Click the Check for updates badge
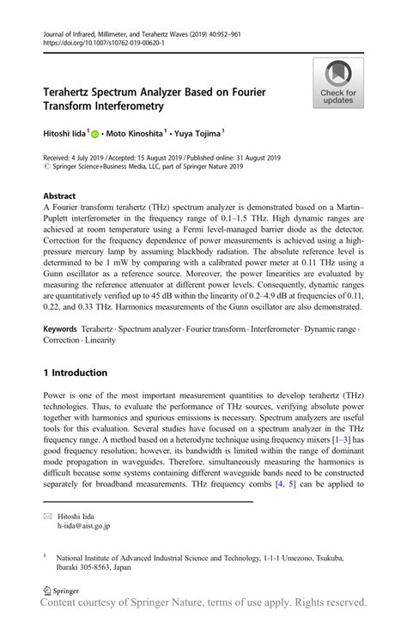pyautogui.click(x=338, y=83)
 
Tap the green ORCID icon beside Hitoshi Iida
pyautogui.click(x=95, y=133)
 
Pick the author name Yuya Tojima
pyautogui.click(x=198, y=133)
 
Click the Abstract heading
pyautogui.click(x=59, y=197)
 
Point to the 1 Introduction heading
pyautogui.click(x=76, y=373)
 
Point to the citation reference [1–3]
pyautogui.click(x=341, y=440)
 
